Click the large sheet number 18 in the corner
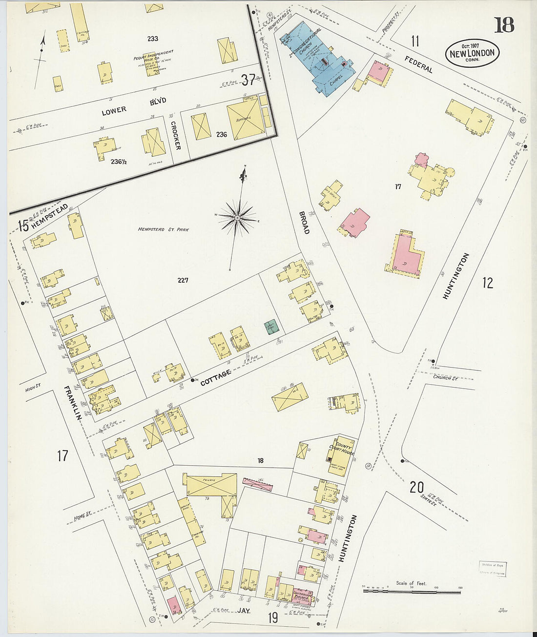(x=504, y=24)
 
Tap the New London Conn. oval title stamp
(x=472, y=53)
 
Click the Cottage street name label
(x=215, y=378)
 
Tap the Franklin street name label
(x=71, y=402)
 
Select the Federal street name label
(x=418, y=64)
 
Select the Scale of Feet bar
(x=412, y=591)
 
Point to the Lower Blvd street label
(x=133, y=106)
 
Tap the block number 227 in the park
(x=183, y=280)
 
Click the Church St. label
(x=445, y=377)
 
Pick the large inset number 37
(x=248, y=79)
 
